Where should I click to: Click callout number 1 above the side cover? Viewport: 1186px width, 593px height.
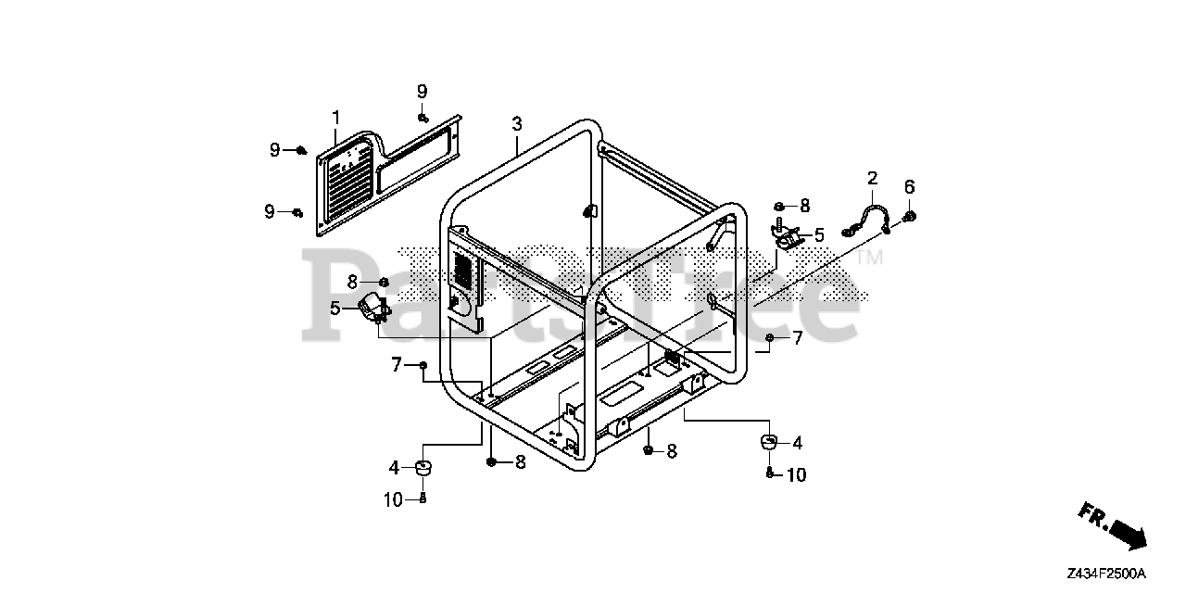point(336,118)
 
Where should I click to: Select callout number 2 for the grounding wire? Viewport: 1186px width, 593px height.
point(872,178)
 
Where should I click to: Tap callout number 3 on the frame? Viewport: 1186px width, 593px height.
point(517,123)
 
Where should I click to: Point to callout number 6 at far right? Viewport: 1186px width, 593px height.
point(909,186)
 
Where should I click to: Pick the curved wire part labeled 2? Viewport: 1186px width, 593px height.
point(868,221)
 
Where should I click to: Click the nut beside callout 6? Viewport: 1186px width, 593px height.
point(909,216)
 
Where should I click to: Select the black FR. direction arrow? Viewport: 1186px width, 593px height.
point(1125,534)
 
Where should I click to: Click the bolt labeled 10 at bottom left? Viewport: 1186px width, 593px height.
point(423,499)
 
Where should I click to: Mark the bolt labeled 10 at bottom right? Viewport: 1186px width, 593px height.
point(770,474)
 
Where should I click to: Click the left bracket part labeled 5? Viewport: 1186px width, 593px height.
point(372,307)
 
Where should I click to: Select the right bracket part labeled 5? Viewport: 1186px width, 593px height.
point(788,240)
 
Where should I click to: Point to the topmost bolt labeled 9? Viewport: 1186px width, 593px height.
point(422,117)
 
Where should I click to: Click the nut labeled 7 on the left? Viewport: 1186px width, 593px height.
point(423,366)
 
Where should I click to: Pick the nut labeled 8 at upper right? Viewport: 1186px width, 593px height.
point(780,206)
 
